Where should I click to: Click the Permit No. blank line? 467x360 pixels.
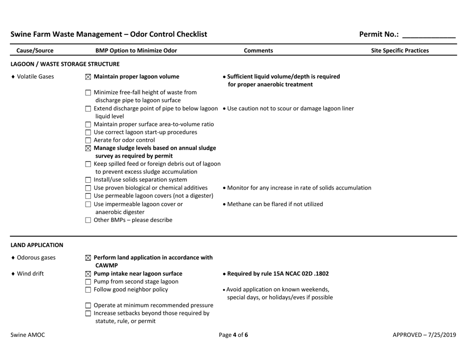[429, 34]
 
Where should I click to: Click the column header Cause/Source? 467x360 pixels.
[35, 50]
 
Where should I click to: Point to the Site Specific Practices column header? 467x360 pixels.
[400, 50]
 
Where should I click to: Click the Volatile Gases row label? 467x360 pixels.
[32, 77]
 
